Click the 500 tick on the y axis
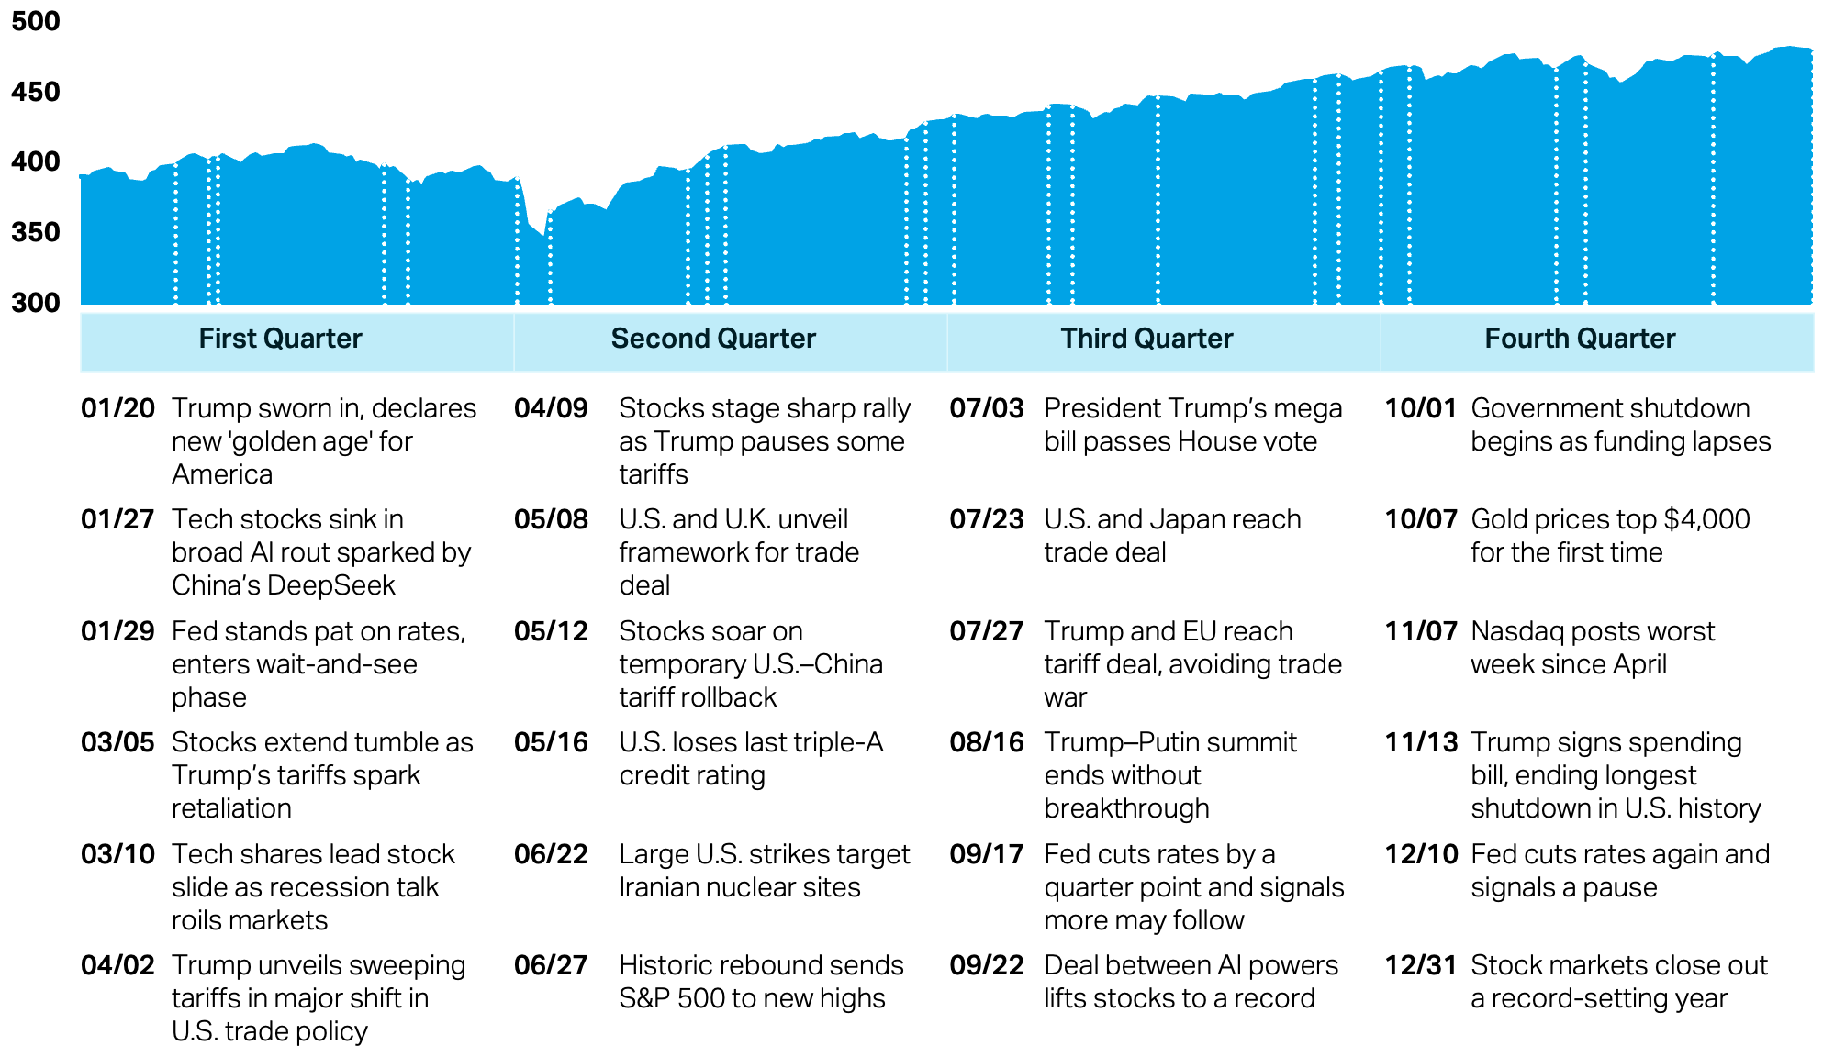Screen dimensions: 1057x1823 [35, 21]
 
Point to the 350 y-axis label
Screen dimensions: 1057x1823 [35, 232]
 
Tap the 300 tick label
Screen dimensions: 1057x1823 [35, 303]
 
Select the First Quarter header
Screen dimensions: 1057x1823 [280, 339]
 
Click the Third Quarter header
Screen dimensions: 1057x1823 [1146, 339]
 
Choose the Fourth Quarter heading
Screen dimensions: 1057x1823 [1580, 339]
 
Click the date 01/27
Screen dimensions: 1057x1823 [117, 519]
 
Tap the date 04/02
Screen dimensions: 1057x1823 [117, 965]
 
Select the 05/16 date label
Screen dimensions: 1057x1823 [551, 742]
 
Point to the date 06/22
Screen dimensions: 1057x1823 [551, 854]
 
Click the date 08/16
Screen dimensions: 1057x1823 [986, 742]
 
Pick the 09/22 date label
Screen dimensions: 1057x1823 [986, 965]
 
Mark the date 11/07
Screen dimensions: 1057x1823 [1421, 631]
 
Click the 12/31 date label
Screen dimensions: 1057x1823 [1421, 965]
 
